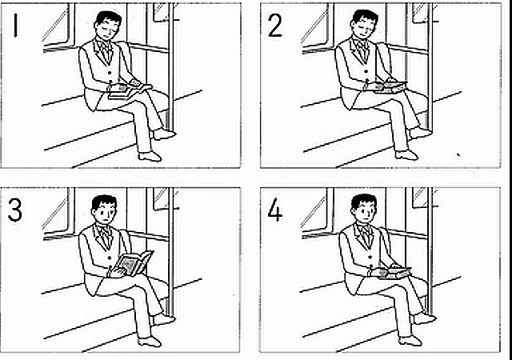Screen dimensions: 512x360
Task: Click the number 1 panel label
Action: tap(15, 25)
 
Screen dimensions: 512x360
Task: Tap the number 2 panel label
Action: tap(274, 26)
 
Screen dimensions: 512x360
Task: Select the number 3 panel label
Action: tap(14, 210)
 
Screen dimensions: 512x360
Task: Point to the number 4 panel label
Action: tap(275, 210)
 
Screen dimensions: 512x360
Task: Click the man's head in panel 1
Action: tap(107, 26)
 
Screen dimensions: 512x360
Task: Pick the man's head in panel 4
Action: tap(364, 208)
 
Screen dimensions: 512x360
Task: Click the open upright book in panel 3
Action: tap(134, 263)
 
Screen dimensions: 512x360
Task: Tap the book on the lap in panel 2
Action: tap(390, 87)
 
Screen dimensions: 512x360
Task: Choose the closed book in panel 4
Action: tap(394, 273)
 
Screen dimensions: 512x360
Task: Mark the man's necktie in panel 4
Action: tap(365, 236)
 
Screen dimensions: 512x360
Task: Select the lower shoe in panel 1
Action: tap(150, 156)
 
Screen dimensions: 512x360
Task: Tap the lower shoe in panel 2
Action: tap(406, 155)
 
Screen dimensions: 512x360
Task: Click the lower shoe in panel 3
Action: tap(150, 342)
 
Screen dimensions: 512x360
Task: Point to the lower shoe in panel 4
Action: tap(410, 340)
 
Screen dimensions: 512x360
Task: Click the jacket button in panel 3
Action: tap(110, 258)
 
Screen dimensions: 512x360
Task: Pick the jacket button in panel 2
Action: tap(366, 71)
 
